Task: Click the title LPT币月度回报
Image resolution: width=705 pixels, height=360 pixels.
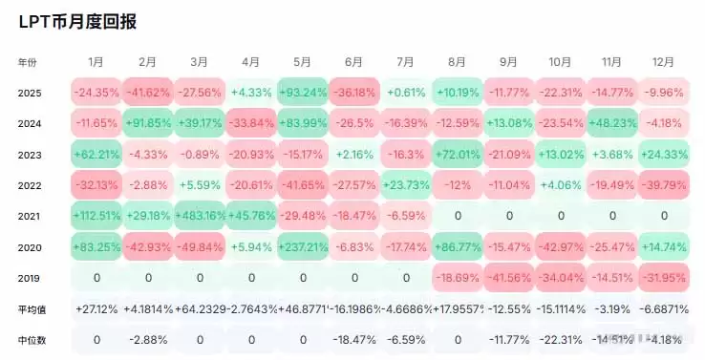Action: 76,21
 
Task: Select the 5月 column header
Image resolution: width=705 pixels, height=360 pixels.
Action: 303,61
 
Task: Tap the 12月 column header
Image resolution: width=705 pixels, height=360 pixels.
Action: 664,61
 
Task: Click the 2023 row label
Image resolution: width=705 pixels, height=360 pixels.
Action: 31,154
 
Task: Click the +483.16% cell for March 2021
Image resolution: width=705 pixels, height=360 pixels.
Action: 199,216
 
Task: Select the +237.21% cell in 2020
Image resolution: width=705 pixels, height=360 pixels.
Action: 303,246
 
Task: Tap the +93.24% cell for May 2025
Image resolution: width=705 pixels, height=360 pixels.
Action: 303,93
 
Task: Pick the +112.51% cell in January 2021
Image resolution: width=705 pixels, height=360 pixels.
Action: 96,216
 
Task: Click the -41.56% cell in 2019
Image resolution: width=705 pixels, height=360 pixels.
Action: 509,278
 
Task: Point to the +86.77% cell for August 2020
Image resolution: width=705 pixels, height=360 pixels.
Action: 458,246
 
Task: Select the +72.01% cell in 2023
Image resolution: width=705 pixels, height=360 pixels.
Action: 458,154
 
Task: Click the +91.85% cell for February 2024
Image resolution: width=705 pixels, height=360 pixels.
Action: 147,123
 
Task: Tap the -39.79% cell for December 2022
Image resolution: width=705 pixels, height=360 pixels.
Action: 664,185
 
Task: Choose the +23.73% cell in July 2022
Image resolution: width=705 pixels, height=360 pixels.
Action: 406,185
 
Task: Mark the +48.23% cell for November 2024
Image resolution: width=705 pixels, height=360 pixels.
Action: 612,123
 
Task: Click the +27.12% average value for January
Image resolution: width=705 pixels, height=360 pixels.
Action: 96,308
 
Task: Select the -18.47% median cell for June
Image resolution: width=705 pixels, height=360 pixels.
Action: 354,339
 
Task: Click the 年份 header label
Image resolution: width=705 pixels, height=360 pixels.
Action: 29,61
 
